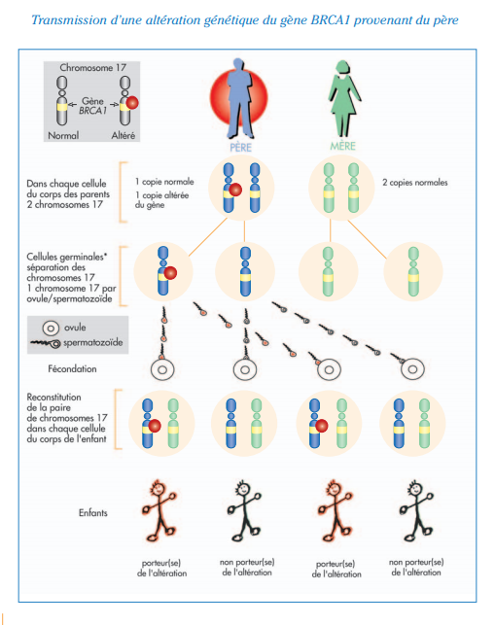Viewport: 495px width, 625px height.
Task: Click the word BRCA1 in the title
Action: coord(330,20)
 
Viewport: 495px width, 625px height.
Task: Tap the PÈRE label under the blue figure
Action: coord(240,148)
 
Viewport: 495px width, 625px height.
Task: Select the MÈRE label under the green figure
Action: coord(342,146)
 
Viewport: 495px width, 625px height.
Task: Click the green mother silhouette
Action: coord(344,98)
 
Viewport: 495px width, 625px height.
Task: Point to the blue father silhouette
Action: coord(239,98)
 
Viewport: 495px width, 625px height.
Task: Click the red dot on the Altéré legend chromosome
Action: coord(132,103)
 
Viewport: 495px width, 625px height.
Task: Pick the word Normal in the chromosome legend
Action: coord(63,135)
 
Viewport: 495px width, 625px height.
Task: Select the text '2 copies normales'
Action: coord(415,183)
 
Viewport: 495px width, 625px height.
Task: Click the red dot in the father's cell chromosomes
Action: coord(235,190)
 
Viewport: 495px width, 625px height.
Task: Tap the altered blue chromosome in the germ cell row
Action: coord(163,271)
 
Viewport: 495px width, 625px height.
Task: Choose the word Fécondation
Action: coord(72,369)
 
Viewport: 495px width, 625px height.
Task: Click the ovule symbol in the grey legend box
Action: coord(51,329)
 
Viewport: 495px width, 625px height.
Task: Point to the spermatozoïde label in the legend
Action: coord(93,342)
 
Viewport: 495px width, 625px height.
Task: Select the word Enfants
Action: coord(93,512)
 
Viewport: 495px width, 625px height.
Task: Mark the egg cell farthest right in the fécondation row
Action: coord(412,369)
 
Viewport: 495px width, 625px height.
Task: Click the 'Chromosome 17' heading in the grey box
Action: coord(93,68)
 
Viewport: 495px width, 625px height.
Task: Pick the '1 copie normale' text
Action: coord(164,182)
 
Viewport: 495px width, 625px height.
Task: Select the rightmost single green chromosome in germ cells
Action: coord(413,271)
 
